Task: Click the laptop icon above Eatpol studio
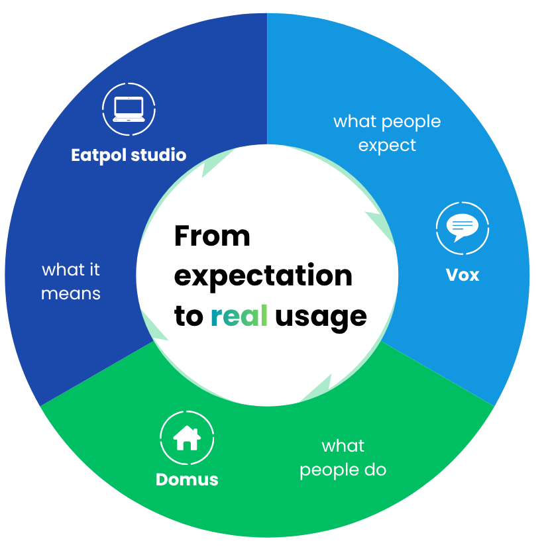pos(129,109)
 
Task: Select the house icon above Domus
pos(187,438)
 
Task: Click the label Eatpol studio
pos(129,155)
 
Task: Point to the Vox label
pos(463,275)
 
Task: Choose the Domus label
pos(187,479)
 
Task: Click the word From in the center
pos(212,236)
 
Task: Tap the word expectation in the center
pos(263,277)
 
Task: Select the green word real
pos(239,315)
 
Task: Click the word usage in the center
pos(321,319)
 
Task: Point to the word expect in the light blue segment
pos(387,146)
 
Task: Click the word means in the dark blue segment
pos(71,294)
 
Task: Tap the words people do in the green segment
pos(343,470)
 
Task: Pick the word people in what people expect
pos(411,123)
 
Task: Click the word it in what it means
pos(95,270)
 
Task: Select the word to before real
pos(189,316)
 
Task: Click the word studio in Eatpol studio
pos(158,155)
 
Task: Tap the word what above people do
pos(343,446)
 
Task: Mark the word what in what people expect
pos(355,121)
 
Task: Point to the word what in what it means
pos(63,270)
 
